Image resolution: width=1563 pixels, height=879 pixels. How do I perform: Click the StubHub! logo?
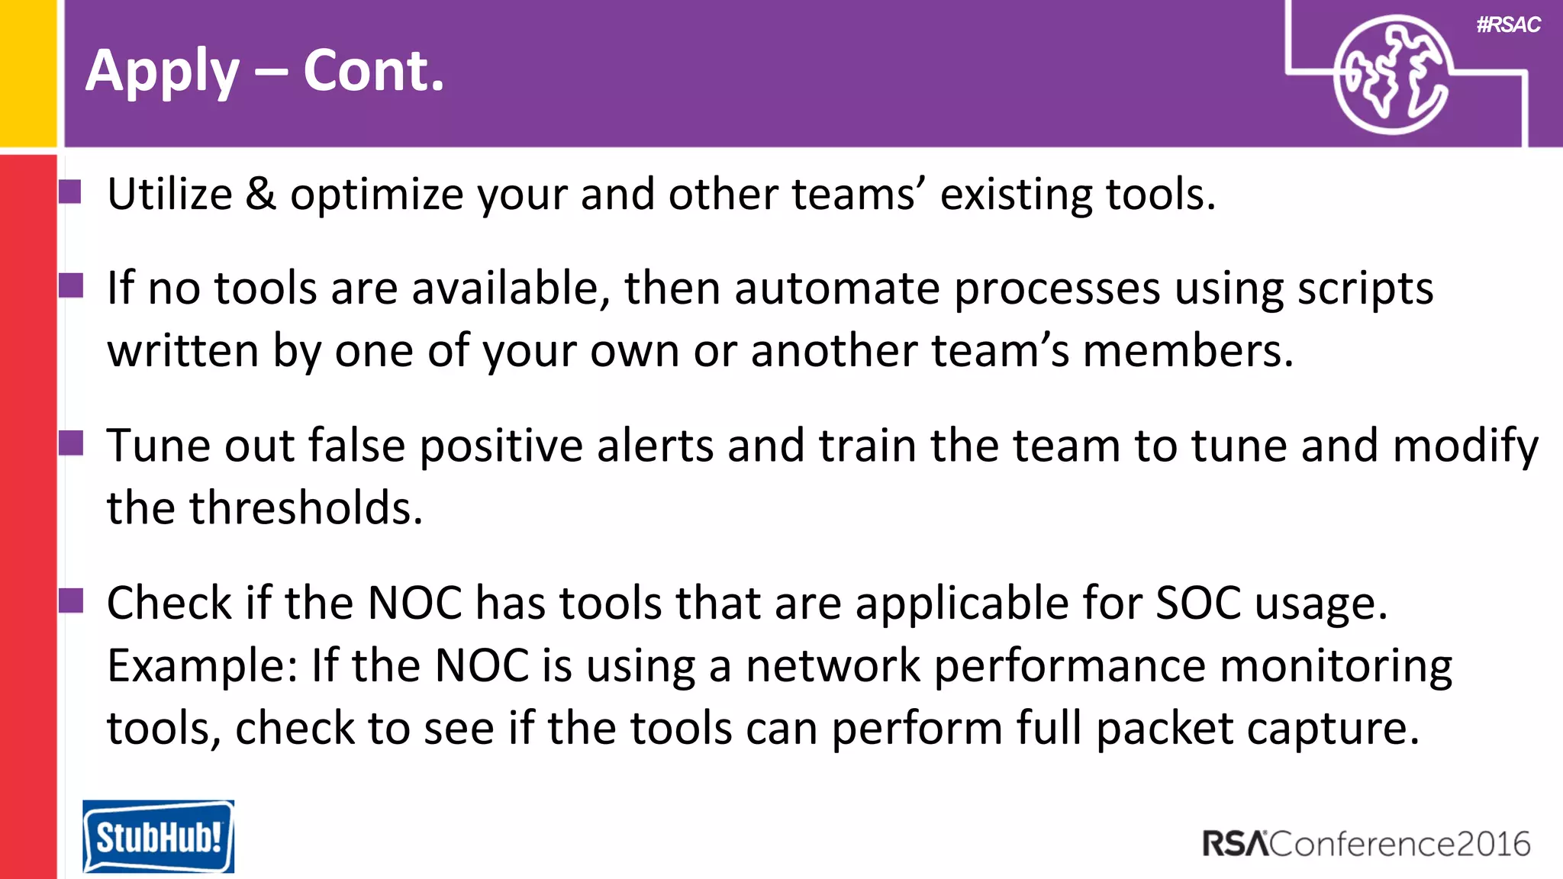(158, 836)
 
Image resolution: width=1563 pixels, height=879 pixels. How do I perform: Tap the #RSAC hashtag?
(1508, 25)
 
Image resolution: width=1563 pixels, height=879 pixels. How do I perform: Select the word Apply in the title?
(163, 71)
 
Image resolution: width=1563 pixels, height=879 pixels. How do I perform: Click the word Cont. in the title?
(373, 71)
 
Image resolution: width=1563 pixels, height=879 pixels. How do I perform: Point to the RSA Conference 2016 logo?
(1366, 844)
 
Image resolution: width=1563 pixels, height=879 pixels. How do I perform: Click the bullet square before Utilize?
(71, 192)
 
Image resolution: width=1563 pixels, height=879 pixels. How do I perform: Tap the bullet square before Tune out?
(71, 443)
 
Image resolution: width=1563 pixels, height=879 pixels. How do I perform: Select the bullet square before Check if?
(71, 600)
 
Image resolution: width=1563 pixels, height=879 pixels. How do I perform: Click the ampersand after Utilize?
(260, 194)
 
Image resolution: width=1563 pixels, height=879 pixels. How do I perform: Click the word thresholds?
(305, 508)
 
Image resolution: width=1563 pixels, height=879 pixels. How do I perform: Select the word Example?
(202, 666)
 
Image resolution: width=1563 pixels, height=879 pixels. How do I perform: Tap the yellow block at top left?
(28, 72)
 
